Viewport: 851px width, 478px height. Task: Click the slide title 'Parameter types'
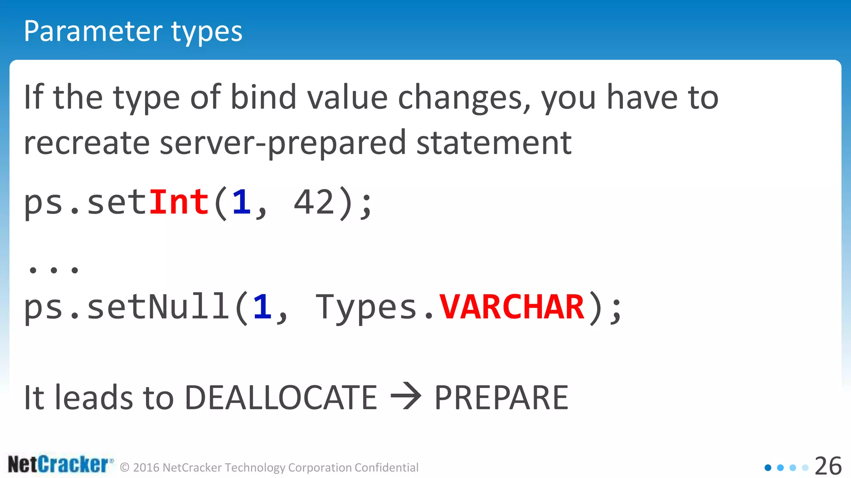click(133, 32)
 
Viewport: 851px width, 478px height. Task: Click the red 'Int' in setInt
click(179, 202)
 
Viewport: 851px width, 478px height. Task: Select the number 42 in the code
click(314, 202)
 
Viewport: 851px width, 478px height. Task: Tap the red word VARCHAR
click(512, 307)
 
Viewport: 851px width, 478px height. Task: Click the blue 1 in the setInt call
click(242, 202)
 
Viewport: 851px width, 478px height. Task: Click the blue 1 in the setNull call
click(263, 307)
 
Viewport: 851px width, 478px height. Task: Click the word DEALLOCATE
click(281, 398)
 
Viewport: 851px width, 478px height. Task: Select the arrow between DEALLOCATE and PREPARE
click(406, 397)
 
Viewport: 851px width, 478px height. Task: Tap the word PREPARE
click(501, 398)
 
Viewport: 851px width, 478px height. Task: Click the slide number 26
click(828, 466)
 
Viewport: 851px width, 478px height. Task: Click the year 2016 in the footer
click(146, 468)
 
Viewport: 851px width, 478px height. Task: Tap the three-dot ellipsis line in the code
click(53, 270)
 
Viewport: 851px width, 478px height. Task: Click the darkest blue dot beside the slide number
click(768, 468)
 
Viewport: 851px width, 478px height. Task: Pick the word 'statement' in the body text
click(494, 143)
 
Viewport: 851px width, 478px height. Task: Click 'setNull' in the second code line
click(158, 307)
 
